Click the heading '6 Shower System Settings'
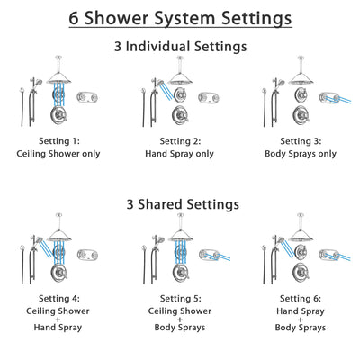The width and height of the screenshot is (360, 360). pyautogui.click(x=180, y=18)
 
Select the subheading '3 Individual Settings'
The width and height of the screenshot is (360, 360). pyautogui.click(x=180, y=46)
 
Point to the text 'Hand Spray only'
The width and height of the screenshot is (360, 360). pyautogui.click(x=180, y=153)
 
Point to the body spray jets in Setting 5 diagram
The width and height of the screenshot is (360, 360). pyautogui.click(x=214, y=251)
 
